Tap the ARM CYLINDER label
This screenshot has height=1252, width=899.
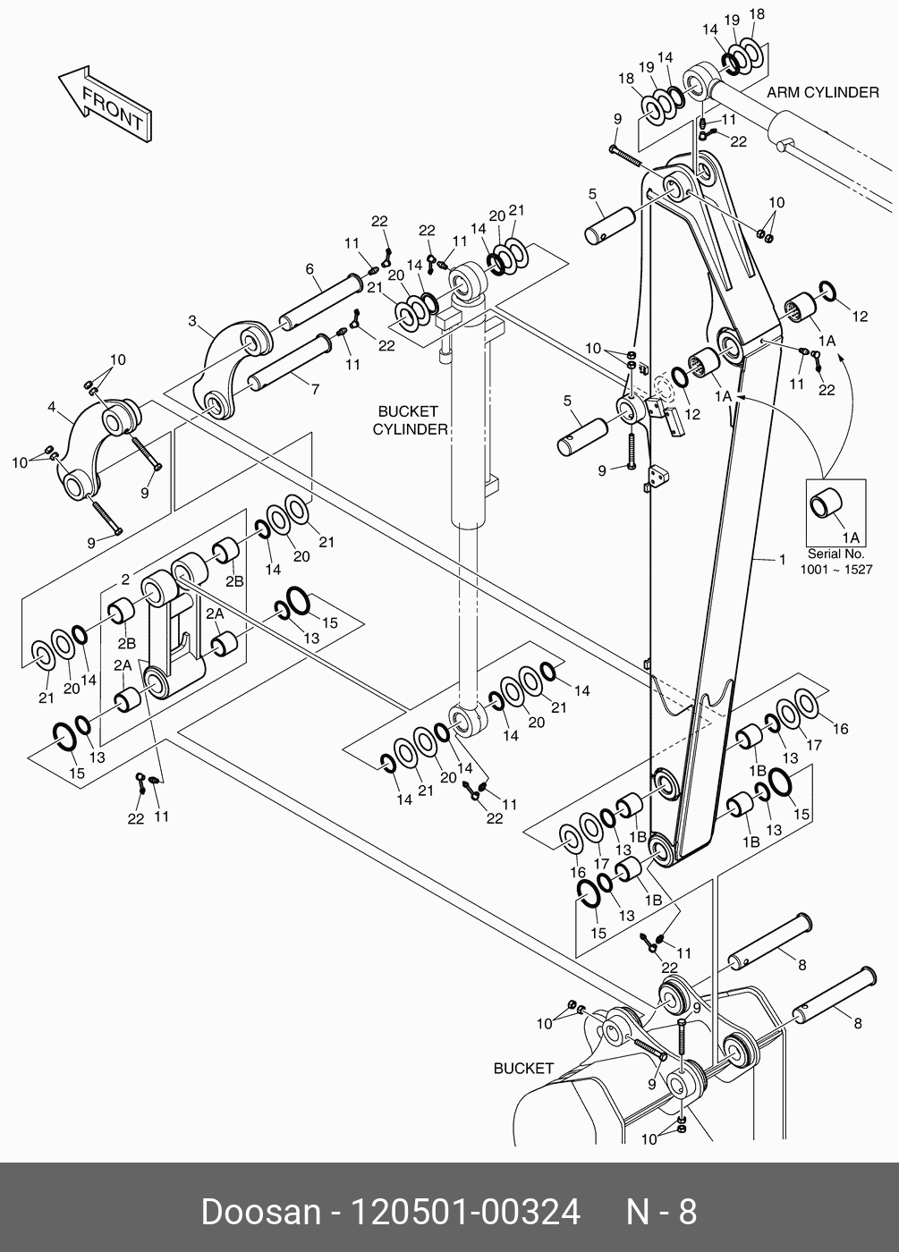click(x=822, y=93)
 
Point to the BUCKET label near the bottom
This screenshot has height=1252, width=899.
click(x=523, y=1068)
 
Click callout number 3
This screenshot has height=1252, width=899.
click(x=192, y=320)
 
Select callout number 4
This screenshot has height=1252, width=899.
click(x=52, y=408)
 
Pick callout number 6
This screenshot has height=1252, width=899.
click(x=309, y=268)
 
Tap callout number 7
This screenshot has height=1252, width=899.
click(x=314, y=390)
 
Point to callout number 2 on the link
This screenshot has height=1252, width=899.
click(x=126, y=579)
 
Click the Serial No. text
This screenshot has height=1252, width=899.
click(x=835, y=554)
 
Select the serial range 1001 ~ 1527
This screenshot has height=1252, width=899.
click(x=835, y=570)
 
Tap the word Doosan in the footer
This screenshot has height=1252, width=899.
click(x=260, y=1212)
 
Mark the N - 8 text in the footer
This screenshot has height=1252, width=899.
click(x=659, y=1212)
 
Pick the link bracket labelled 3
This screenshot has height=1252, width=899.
click(x=230, y=367)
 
